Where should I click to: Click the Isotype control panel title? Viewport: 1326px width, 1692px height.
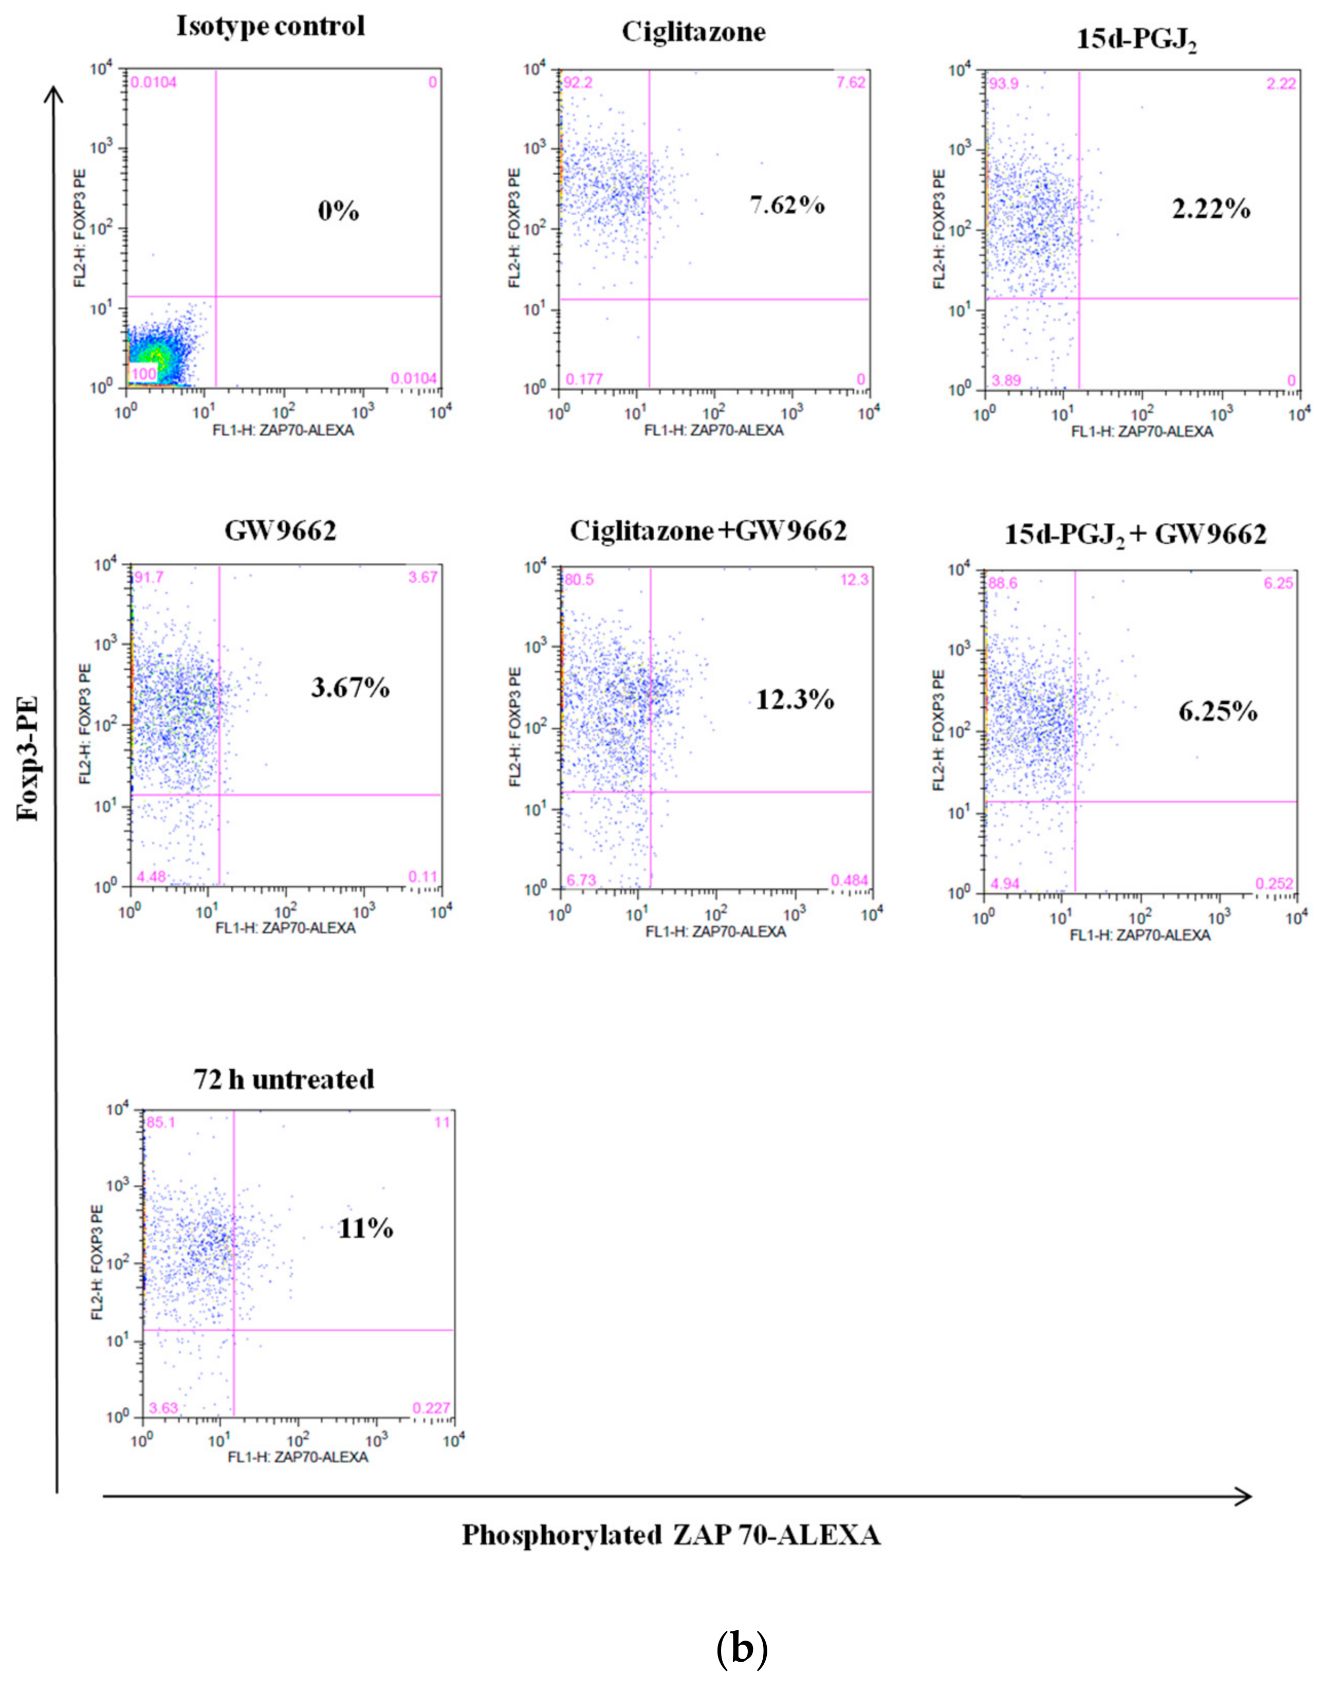270,26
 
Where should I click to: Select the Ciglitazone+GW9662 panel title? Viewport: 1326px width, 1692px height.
708,531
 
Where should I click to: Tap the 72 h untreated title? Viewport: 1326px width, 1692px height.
284,1079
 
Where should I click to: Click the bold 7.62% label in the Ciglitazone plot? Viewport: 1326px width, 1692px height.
786,205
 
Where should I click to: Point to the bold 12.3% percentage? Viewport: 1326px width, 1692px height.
795,701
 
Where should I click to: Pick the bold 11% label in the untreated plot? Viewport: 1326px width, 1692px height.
365,1228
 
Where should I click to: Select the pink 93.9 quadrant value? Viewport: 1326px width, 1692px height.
1003,84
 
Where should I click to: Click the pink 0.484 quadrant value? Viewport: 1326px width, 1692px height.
850,880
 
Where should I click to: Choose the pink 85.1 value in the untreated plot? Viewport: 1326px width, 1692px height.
161,1122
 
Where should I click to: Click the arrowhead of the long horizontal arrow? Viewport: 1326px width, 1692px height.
1243,1496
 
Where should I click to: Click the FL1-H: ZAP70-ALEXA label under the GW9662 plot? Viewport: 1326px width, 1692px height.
284,928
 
